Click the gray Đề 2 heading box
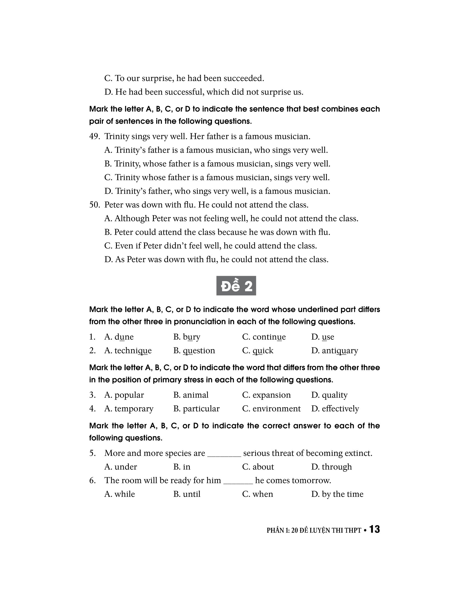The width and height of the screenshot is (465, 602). point(236,286)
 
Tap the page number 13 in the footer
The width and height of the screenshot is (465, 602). point(374,529)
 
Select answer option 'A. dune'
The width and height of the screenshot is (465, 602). point(119,337)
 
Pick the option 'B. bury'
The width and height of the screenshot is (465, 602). point(187,337)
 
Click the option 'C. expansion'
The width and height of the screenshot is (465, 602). point(266,395)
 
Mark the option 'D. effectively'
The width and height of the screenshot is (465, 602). point(335,409)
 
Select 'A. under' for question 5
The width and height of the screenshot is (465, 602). point(121,467)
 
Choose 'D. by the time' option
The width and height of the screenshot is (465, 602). point(337,494)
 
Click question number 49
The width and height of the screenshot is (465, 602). point(94,137)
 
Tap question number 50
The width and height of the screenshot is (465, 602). point(94,205)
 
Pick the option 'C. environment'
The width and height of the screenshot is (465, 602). point(271,409)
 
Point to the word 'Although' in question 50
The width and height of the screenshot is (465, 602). point(132,219)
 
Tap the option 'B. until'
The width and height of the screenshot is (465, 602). point(187,494)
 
